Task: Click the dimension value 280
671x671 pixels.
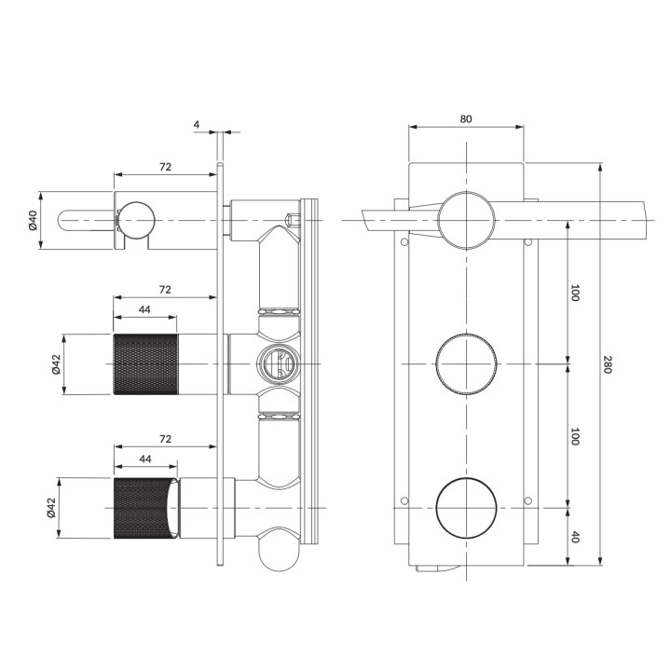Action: (607, 364)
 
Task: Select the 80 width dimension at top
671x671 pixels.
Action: (466, 118)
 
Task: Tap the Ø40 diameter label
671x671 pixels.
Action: (32, 221)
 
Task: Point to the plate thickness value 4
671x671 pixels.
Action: (197, 123)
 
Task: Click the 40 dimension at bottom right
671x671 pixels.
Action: (575, 537)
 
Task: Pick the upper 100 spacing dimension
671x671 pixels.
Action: (575, 292)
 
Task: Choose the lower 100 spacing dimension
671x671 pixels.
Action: (575, 435)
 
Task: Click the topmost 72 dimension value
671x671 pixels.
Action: (165, 166)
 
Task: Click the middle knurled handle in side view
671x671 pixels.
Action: (144, 363)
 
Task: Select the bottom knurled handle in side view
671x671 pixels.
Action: (144, 508)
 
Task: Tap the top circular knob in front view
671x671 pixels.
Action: (466, 220)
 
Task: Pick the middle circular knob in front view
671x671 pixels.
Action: (466, 364)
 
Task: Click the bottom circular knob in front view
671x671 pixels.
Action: (466, 509)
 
